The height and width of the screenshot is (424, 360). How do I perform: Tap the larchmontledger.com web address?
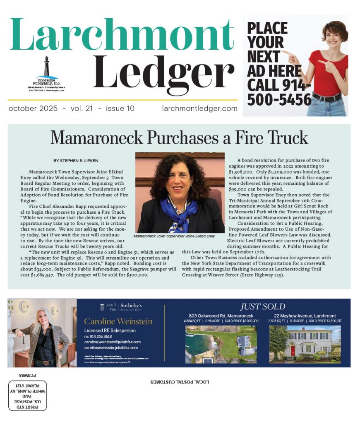click(200, 109)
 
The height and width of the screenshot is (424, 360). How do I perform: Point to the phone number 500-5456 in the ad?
click(279, 100)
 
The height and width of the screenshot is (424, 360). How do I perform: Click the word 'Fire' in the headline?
click(234, 138)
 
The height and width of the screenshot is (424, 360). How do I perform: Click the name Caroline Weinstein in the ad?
click(118, 321)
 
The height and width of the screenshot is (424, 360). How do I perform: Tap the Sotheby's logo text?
click(132, 306)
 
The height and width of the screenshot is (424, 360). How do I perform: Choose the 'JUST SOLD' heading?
click(262, 307)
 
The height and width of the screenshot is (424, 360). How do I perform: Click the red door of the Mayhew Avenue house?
click(293, 351)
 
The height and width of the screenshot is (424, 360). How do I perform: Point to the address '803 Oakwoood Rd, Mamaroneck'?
click(221, 316)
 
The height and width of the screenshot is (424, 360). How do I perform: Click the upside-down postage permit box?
click(28, 395)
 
